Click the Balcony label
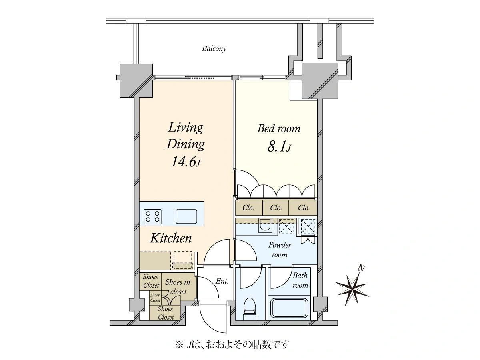(214, 48)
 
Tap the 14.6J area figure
(186, 162)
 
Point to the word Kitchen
(171, 238)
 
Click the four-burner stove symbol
(152, 217)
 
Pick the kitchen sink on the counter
(186, 217)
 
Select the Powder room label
(280, 250)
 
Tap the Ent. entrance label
(222, 281)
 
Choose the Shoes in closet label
(178, 287)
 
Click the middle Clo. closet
(276, 208)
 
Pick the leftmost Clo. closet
(248, 208)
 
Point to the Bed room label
(278, 128)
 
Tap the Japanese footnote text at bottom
(232, 345)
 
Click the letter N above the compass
(362, 268)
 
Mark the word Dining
(186, 145)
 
